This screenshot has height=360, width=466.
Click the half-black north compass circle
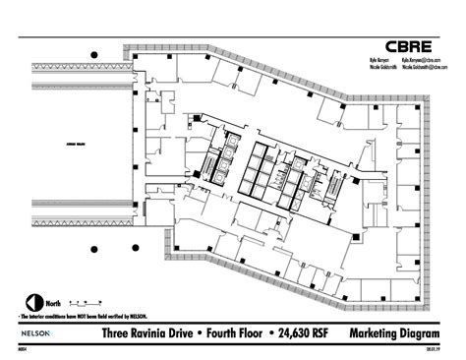tap(32, 303)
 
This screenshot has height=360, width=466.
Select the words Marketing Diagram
tap(394, 333)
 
